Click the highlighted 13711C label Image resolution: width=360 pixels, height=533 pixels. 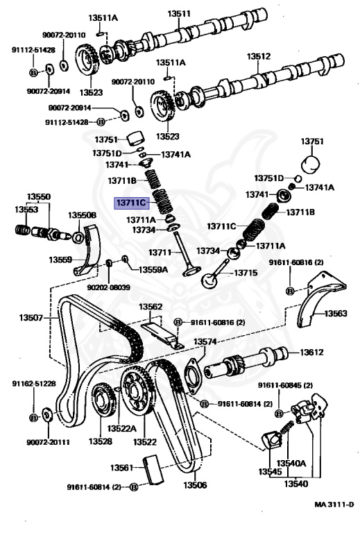131,203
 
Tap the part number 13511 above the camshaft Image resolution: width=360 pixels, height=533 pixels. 179,14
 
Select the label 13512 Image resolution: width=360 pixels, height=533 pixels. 259,56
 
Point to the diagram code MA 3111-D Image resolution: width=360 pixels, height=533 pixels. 334,504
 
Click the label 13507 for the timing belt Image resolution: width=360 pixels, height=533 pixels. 31,318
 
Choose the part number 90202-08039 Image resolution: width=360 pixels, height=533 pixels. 109,287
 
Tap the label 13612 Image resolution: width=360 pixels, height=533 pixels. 311,352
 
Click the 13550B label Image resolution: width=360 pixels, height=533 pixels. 82,215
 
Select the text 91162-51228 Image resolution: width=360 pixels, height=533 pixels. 34,384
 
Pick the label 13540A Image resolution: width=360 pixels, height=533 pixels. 291,463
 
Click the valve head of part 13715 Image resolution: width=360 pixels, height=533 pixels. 209,280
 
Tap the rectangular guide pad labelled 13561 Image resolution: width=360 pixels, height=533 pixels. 153,469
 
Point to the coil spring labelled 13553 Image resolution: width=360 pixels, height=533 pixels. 23,230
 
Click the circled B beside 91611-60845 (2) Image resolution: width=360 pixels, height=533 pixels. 279,414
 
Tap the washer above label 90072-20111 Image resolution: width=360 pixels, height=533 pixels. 46,414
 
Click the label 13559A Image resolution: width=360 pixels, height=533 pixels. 153,269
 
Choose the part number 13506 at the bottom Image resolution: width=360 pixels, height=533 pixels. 195,484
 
